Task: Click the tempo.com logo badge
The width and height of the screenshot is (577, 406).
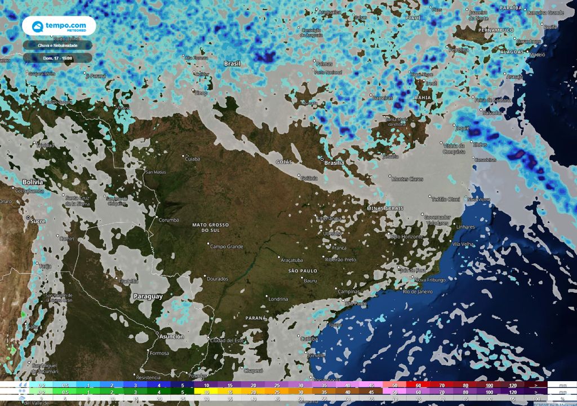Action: (59, 26)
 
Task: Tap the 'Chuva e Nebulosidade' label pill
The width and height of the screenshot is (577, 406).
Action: (57, 45)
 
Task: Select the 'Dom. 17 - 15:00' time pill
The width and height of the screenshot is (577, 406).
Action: (57, 57)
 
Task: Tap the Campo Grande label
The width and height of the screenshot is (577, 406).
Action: (227, 246)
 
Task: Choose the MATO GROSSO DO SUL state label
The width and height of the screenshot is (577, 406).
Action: (211, 228)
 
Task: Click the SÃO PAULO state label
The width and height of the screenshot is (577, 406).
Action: (303, 271)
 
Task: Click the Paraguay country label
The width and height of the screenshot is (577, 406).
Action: (148, 296)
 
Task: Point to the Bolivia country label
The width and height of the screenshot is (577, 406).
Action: (33, 183)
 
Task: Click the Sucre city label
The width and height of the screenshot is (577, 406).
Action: (38, 221)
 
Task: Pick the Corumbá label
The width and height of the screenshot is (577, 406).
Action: (168, 220)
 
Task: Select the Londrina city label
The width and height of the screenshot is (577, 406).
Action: (278, 299)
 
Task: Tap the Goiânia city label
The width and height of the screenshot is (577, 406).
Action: (309, 178)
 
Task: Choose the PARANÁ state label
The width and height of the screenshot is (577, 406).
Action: (255, 318)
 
